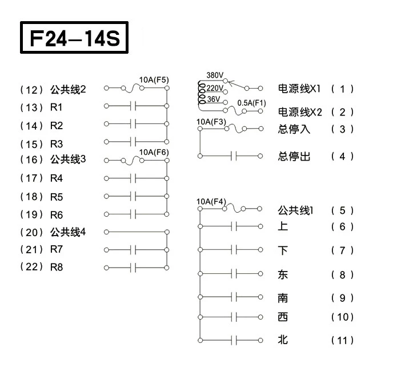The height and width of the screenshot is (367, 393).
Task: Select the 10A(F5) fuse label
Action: pos(154,80)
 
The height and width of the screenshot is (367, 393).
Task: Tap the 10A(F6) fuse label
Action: pos(154,152)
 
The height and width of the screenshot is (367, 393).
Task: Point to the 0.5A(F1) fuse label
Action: pos(251,103)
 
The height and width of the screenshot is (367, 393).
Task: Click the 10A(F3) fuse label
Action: pos(211,122)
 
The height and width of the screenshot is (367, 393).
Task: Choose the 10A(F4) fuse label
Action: pos(211,201)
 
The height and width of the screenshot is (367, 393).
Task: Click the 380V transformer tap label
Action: pos(215,75)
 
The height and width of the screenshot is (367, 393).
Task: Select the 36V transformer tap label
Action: pos(214,99)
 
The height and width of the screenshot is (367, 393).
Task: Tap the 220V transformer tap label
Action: pos(215,88)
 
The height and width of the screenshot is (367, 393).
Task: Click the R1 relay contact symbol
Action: pos(133,106)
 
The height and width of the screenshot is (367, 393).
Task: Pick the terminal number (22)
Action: pos(31,266)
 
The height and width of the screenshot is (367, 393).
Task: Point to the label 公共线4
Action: pos(68,232)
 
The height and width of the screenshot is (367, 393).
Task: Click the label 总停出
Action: pos(294,156)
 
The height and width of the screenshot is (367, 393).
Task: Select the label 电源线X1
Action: pos(299,88)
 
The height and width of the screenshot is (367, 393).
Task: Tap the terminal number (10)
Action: pos(342,317)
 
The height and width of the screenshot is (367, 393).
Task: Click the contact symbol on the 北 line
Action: pos(234,340)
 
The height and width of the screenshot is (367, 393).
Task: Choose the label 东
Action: pos(283,274)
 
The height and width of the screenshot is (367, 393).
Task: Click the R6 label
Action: pos(57,215)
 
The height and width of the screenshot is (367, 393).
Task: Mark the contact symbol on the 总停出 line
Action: pos(234,156)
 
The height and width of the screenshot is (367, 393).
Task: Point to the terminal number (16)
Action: pos(31,159)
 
